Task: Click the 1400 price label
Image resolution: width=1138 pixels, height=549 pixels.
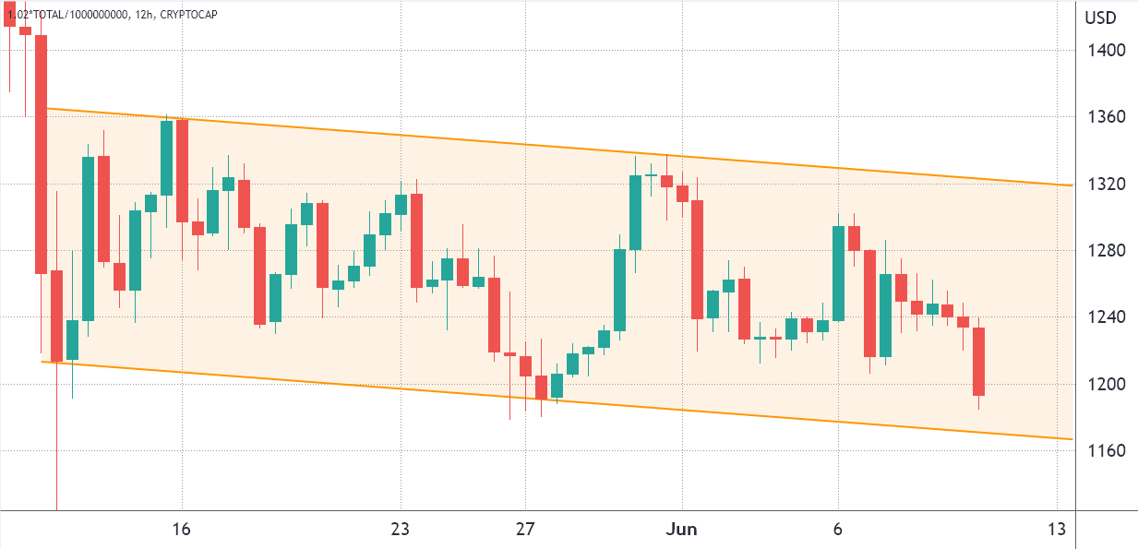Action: click(1106, 50)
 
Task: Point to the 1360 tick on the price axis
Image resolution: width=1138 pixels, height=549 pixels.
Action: click(1106, 117)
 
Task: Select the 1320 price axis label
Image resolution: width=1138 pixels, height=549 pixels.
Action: click(1106, 185)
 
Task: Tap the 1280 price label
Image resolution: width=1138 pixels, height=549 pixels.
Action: click(1106, 251)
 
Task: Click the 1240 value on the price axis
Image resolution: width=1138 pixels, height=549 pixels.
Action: click(1106, 317)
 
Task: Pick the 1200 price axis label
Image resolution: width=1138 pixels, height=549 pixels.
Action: click(1106, 384)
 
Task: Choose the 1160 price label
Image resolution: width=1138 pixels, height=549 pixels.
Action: click(1106, 450)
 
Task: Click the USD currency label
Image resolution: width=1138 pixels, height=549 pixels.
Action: click(1101, 18)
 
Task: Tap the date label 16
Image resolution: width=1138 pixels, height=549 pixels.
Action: click(182, 530)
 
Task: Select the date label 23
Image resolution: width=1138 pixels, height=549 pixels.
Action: click(400, 530)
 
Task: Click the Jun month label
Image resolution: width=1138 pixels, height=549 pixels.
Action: click(682, 530)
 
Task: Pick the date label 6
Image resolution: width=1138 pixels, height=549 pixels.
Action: click(838, 530)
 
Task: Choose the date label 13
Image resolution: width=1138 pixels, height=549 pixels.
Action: click(1057, 530)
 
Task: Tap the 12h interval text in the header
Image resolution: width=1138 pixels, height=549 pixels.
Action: click(134, 15)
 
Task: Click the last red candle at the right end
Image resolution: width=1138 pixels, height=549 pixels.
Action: click(978, 361)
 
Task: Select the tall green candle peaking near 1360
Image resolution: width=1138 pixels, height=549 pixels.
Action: click(166, 158)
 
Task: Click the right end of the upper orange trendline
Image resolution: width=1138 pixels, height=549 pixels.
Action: click(1071, 185)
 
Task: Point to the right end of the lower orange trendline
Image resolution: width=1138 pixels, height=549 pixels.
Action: click(1071, 439)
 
